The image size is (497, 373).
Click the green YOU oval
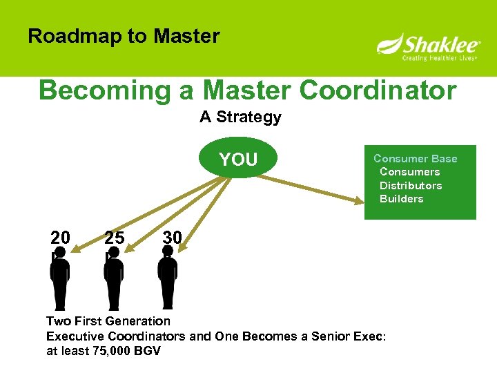tap(238, 160)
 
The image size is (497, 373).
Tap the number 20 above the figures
tap(60, 238)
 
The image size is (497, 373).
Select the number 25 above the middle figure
tap(115, 238)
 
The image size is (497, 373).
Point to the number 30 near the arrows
tap(172, 238)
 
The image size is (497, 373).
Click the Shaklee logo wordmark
tap(435, 45)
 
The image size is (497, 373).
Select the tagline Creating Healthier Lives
tap(440, 59)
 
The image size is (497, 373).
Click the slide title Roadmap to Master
tap(124, 36)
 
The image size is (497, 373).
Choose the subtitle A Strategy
tap(240, 117)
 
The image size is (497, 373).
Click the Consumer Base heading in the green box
tap(415, 158)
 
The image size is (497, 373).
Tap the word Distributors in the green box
tap(410, 185)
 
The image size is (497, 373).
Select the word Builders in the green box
tap(401, 199)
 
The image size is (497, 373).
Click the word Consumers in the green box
tap(409, 172)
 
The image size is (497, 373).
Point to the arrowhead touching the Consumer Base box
tap(359, 201)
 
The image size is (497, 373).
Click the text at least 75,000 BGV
tap(103, 351)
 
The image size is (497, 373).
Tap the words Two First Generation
tap(108, 321)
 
